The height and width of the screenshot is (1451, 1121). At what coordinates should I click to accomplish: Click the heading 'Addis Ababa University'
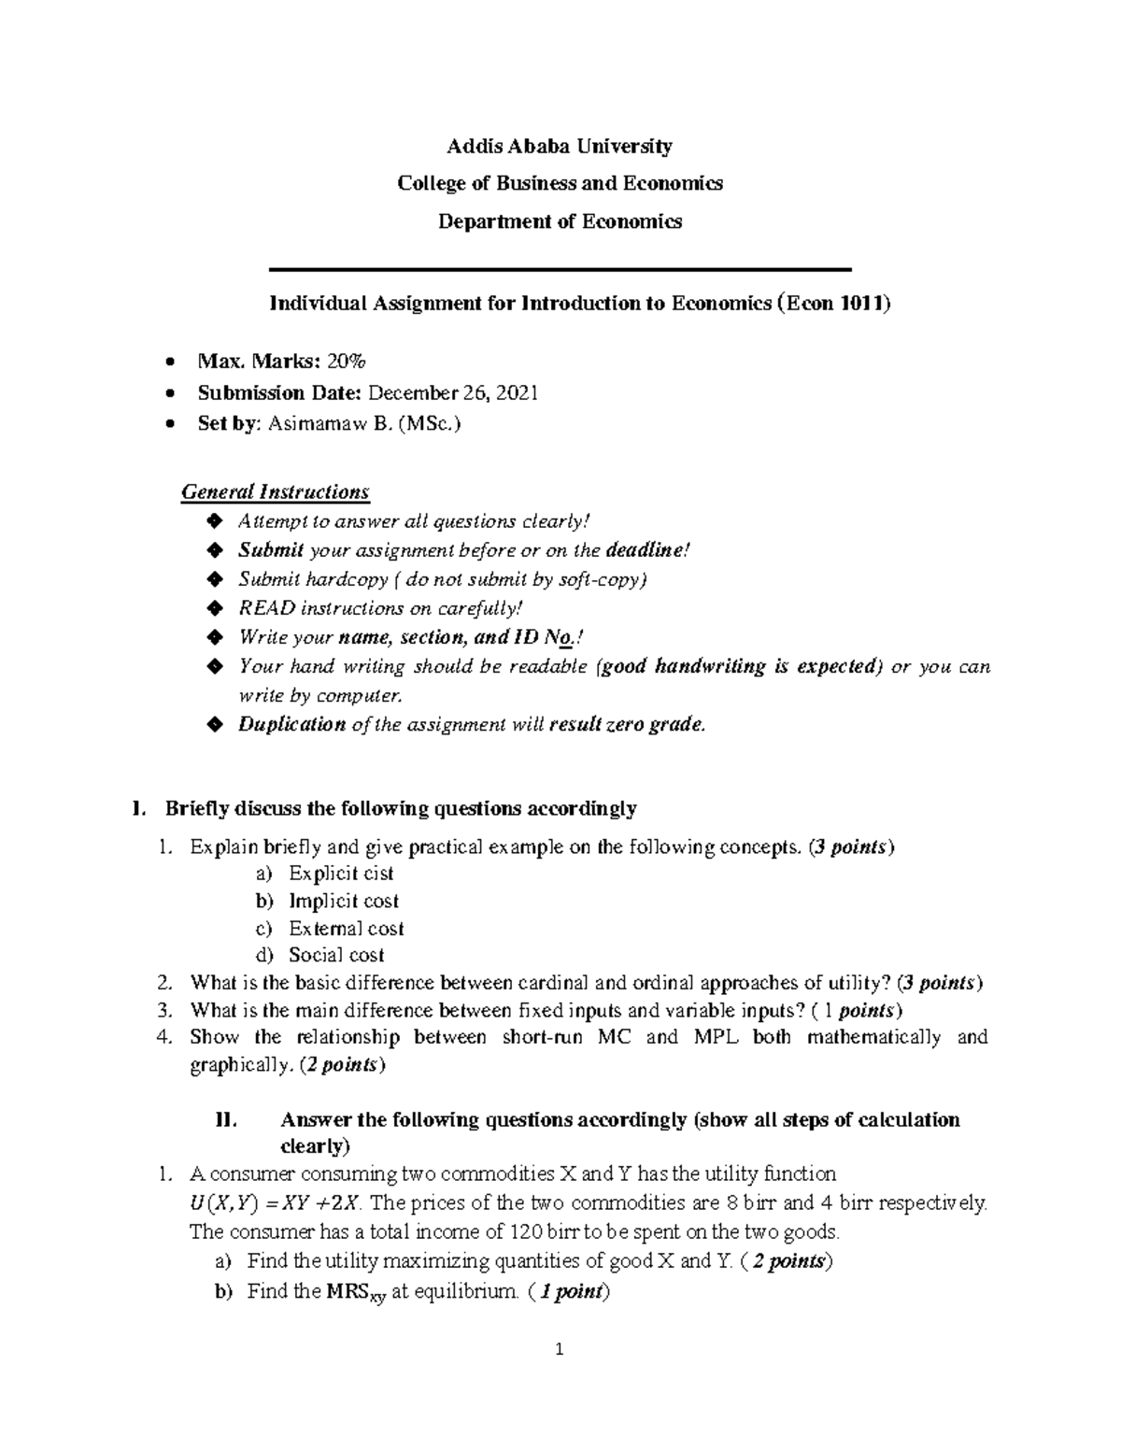click(x=559, y=146)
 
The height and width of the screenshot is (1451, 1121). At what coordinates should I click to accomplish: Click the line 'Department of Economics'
click(x=559, y=221)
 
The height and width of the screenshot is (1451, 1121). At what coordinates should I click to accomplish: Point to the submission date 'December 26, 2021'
click(x=454, y=392)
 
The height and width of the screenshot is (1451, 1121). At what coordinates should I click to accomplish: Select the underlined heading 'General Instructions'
click(x=275, y=491)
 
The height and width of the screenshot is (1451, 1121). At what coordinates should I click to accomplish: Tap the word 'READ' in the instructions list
click(x=266, y=608)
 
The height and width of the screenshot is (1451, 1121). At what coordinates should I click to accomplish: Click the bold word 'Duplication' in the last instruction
click(x=291, y=724)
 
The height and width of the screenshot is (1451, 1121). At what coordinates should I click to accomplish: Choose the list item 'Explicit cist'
click(x=341, y=874)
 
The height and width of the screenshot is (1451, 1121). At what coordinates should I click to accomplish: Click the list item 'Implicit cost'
click(x=343, y=901)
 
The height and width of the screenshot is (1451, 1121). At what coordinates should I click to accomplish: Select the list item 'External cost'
click(x=346, y=929)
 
